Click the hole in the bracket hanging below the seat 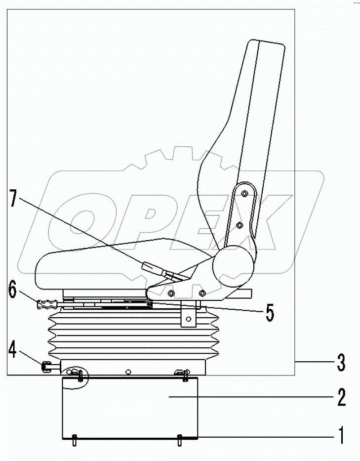point(188,320)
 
